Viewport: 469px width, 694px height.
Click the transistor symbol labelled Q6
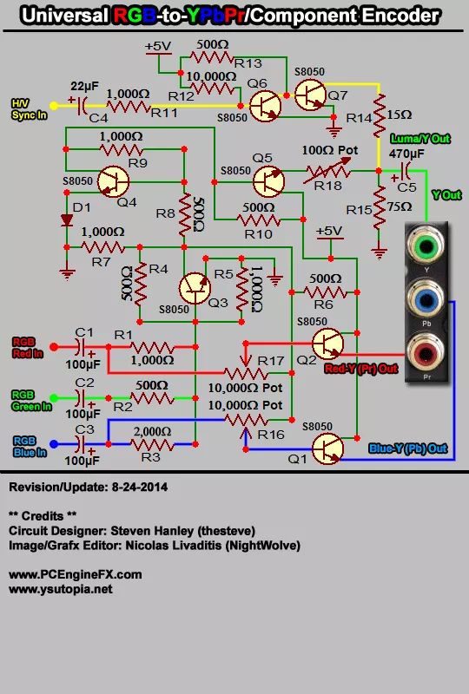click(x=265, y=106)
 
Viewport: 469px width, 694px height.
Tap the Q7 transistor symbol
click(x=310, y=95)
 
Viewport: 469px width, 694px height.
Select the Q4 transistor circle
click(x=113, y=181)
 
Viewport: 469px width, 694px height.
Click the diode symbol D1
click(x=67, y=219)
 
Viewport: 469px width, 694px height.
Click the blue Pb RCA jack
click(x=426, y=299)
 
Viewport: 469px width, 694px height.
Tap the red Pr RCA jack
click(x=426, y=354)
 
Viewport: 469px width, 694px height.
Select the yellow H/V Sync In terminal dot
click(x=54, y=106)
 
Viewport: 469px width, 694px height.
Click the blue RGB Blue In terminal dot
click(x=54, y=443)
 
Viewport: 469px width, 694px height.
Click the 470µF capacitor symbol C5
click(x=403, y=171)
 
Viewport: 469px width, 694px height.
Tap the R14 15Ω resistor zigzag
click(x=379, y=115)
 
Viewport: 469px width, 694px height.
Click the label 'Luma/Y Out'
click(x=419, y=139)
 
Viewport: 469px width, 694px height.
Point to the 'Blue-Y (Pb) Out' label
click(x=408, y=448)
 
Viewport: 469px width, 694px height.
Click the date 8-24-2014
click(x=140, y=488)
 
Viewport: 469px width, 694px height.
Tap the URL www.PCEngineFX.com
click(x=76, y=574)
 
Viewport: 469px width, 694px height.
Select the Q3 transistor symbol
click(x=195, y=289)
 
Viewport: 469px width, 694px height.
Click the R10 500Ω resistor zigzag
click(x=259, y=219)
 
